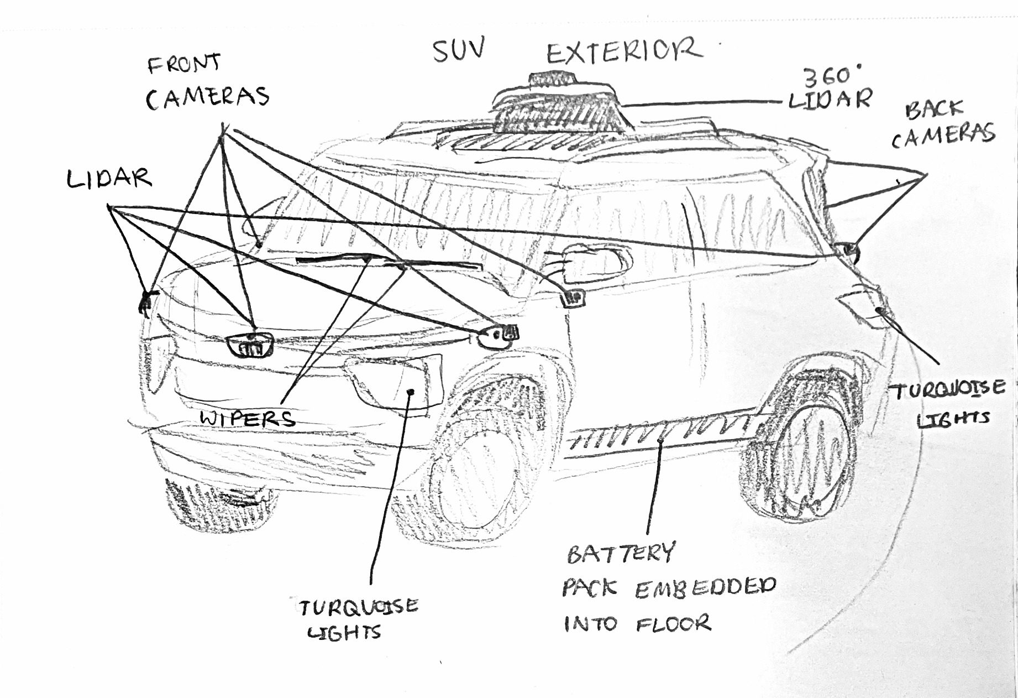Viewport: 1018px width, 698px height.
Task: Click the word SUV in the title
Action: point(458,51)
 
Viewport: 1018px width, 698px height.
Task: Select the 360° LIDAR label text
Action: point(831,90)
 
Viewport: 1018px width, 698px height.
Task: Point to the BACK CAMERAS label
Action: point(943,124)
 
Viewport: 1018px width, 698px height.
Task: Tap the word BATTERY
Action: point(621,553)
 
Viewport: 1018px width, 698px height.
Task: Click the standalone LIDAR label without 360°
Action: point(109,179)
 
